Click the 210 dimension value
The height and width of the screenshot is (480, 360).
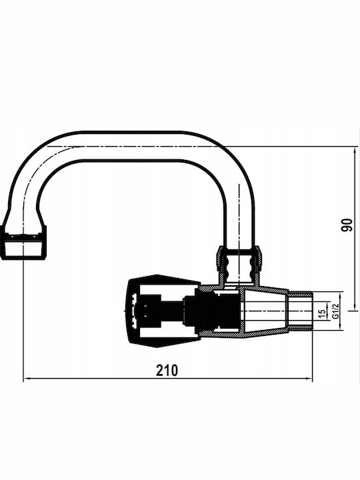(x=167, y=370)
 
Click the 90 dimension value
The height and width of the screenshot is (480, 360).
(x=347, y=225)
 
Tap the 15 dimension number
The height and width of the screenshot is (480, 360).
(x=321, y=313)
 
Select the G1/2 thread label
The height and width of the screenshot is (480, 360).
(x=336, y=311)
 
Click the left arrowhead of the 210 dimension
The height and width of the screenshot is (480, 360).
(x=26, y=379)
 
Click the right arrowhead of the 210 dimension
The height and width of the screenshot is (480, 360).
(x=309, y=379)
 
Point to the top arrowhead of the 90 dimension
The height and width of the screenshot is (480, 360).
(x=355, y=150)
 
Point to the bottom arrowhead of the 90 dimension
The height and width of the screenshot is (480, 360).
(x=355, y=307)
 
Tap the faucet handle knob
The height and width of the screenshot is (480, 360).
(x=164, y=311)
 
